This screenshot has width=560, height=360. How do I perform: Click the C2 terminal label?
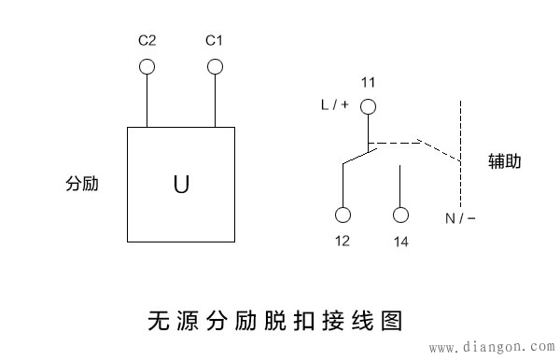coord(147,41)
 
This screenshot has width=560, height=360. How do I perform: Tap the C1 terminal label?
coord(214,41)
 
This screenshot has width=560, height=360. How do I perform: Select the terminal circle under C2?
coord(147,66)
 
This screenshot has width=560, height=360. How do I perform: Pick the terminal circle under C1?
coord(215,66)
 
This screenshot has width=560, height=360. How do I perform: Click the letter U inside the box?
coord(181,184)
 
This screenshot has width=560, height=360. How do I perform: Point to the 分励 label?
coord(83,184)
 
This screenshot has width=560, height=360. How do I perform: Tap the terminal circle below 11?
coord(369,106)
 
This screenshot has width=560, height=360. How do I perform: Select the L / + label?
coord(334,105)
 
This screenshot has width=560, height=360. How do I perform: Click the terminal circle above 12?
coord(343,215)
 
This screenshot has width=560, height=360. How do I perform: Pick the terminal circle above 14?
coord(401,215)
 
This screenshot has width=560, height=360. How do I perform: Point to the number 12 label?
coord(343,242)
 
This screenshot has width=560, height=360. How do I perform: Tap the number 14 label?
coord(401,242)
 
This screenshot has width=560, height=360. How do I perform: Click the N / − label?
coord(460,218)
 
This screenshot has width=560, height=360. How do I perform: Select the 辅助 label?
coord(505,160)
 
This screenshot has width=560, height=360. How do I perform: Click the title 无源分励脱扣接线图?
coord(274,322)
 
